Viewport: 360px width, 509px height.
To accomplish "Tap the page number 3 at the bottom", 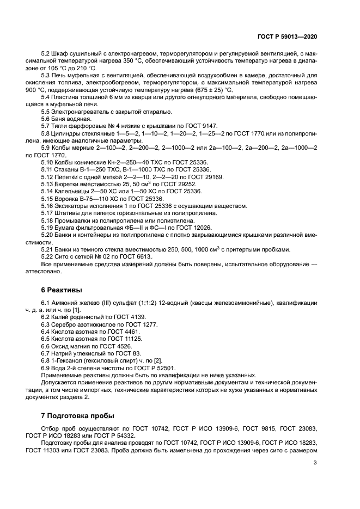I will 315,463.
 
